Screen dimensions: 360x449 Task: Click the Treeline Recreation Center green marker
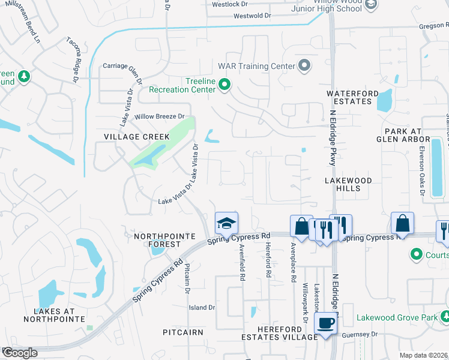224,85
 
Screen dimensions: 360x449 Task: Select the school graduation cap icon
226,223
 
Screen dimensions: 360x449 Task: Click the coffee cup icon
326,323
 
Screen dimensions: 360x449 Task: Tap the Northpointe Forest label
157,240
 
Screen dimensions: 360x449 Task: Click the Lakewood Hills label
348,184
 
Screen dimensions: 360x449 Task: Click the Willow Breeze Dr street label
159,116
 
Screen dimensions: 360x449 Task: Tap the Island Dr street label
202,307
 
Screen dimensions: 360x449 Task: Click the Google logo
20,353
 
